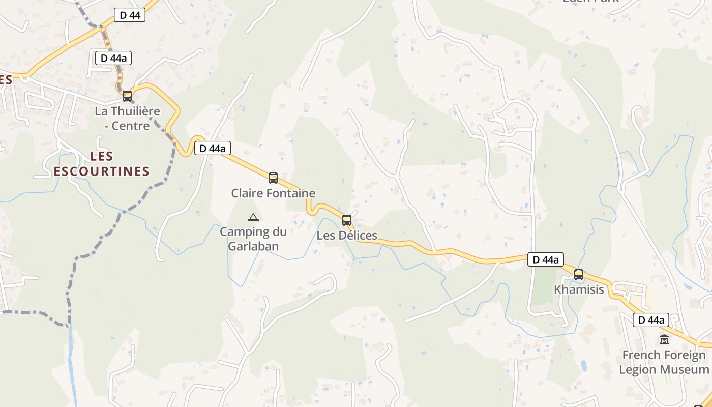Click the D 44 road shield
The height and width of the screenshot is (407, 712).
point(130,15)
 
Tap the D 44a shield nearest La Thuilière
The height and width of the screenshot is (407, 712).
point(113,58)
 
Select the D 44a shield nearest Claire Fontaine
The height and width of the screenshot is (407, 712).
point(213,149)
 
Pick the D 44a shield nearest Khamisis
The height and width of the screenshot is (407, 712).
point(546,259)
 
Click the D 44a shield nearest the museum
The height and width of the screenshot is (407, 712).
point(651,320)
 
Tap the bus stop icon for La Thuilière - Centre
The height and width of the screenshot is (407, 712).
point(127,96)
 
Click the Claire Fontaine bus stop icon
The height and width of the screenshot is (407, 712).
point(273,178)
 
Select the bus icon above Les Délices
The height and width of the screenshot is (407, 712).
point(347,220)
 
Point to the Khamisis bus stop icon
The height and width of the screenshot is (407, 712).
point(579,275)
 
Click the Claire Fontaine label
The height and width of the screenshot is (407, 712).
point(273,193)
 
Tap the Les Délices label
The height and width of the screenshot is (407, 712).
point(347,236)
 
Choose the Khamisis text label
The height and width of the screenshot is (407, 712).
point(579,290)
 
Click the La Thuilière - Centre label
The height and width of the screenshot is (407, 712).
point(127,118)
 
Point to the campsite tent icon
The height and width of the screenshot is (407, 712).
point(253,218)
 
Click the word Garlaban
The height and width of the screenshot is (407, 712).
point(253,247)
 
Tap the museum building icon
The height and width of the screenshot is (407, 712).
point(664,339)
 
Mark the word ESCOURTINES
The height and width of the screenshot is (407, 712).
point(102,171)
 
